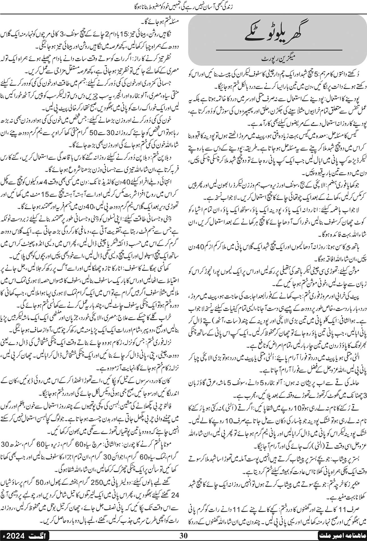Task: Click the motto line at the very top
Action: click(x=183, y=5)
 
